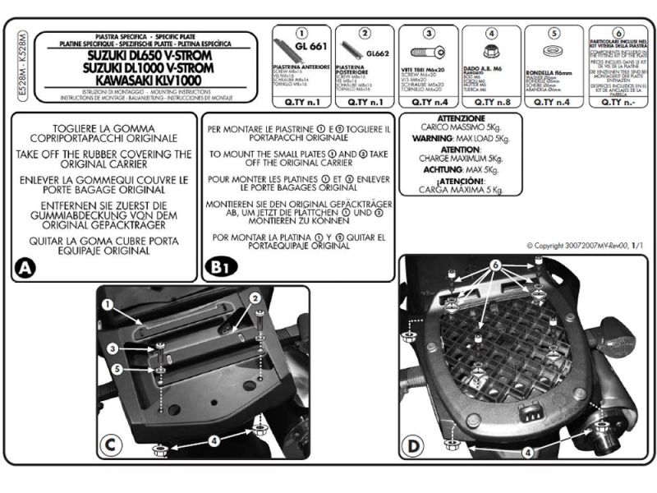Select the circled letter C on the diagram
pyautogui.click(x=110, y=446)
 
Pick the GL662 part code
pyautogui.click(x=375, y=53)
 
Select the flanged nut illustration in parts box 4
pyautogui.click(x=492, y=51)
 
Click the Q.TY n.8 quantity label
pyautogui.click(x=491, y=103)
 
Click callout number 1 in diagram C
pyautogui.click(x=107, y=303)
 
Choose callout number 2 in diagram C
pyautogui.click(x=255, y=297)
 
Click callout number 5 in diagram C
pyautogui.click(x=117, y=371)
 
